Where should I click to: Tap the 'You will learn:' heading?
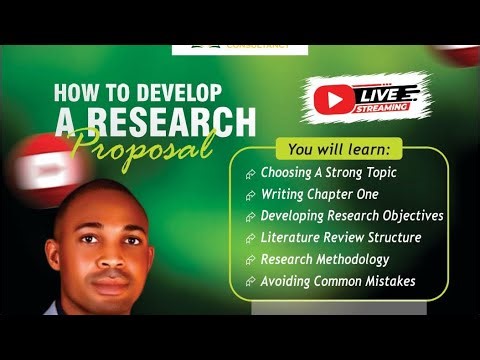(339, 150)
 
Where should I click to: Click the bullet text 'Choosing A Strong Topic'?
(330, 172)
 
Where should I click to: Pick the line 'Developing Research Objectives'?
(351, 215)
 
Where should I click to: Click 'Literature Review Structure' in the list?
(340, 237)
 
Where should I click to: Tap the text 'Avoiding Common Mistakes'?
(338, 281)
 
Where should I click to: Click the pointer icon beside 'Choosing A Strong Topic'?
(249, 173)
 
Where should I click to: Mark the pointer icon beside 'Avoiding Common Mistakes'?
(249, 282)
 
